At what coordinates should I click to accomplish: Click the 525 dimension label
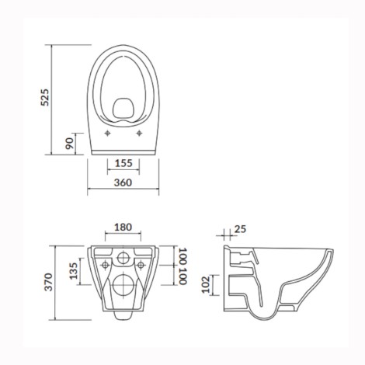(x=45, y=97)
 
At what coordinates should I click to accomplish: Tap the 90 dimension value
(x=69, y=144)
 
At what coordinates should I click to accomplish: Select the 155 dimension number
(x=123, y=163)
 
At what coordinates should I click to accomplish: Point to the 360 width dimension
(x=123, y=182)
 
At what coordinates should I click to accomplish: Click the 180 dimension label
(x=123, y=228)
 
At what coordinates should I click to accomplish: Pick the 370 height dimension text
(x=48, y=282)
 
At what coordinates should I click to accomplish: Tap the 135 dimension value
(x=74, y=271)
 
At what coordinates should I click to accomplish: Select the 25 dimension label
(x=240, y=229)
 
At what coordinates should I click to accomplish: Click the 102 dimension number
(x=206, y=284)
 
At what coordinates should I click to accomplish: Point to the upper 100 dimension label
(x=182, y=256)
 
